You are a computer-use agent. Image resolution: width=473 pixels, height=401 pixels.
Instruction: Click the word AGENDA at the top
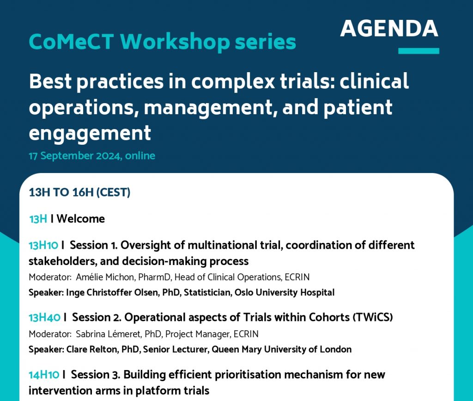tap(389, 28)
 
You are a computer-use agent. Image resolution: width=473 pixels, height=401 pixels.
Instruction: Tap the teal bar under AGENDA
tap(418, 51)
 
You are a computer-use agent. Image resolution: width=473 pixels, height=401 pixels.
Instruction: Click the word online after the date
tap(140, 155)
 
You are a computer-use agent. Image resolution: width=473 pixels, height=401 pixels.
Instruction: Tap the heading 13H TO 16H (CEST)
tap(79, 192)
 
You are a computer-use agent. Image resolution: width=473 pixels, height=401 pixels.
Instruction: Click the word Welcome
tap(80, 219)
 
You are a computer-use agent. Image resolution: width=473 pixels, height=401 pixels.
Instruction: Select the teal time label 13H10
tap(43, 245)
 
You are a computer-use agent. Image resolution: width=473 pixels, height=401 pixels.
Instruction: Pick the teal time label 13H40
tap(45, 318)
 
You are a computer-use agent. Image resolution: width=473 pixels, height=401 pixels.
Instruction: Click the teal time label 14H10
tap(44, 375)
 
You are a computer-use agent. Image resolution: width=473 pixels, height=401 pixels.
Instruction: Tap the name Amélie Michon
tap(105, 277)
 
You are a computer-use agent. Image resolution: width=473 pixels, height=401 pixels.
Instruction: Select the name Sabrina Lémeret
tap(108, 334)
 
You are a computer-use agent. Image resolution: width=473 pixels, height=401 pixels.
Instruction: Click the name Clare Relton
tap(92, 349)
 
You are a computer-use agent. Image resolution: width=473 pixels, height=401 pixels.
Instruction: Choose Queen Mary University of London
tap(281, 349)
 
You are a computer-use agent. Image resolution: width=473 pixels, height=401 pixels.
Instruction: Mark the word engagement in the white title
tap(90, 133)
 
